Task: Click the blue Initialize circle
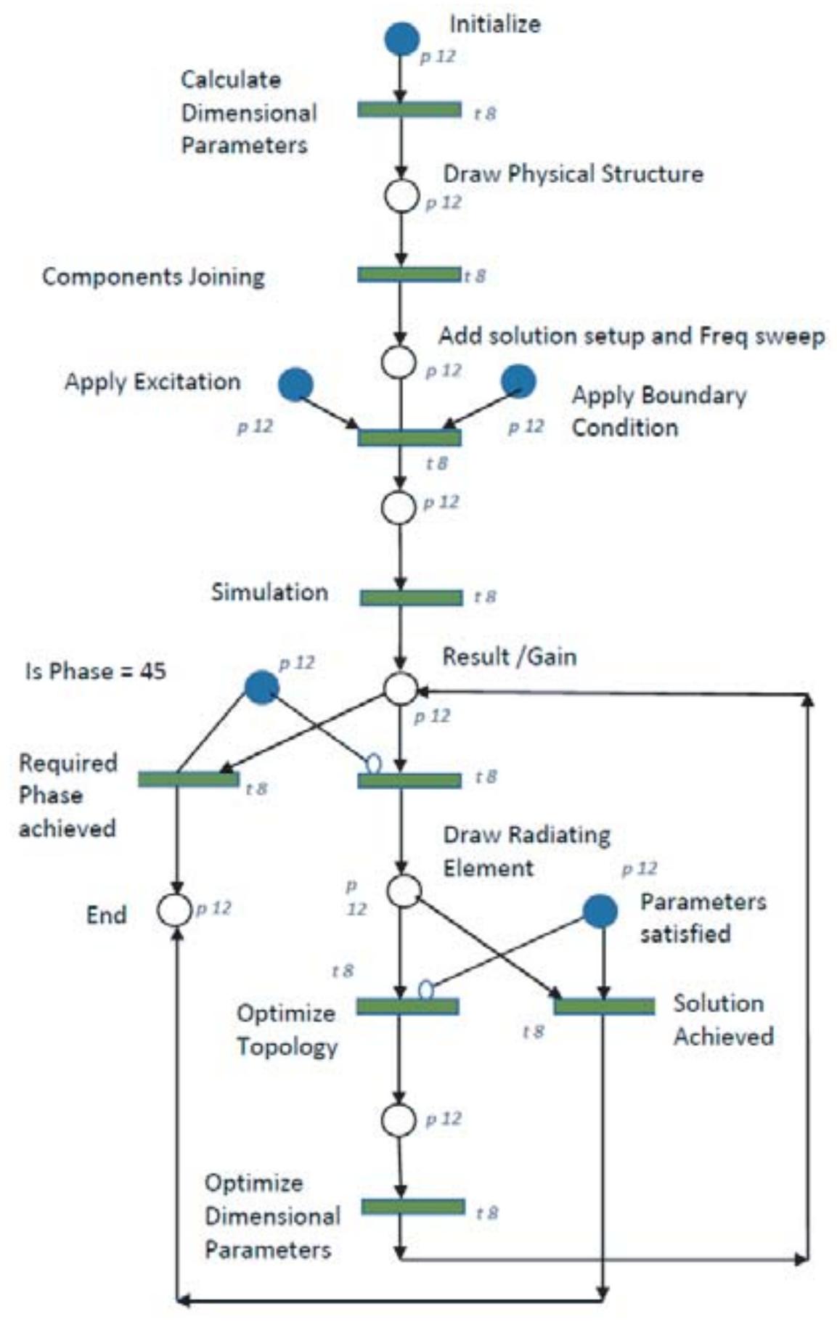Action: coord(401,38)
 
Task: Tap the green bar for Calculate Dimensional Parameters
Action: coord(409,110)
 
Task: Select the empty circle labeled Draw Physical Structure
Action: coord(401,196)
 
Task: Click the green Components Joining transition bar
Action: coord(409,274)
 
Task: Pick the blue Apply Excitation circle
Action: coord(295,384)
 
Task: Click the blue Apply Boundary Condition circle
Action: coord(518,381)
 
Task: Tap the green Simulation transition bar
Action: coord(411,597)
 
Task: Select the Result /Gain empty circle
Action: coord(400,688)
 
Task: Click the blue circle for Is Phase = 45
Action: coord(261,687)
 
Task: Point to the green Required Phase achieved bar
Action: coord(188,779)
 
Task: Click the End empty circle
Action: coord(174,910)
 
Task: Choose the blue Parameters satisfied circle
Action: coord(600,911)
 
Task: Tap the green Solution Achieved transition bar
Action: coord(603,1006)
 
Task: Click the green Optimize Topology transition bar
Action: coord(407,1006)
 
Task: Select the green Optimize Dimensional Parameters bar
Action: coord(413,1206)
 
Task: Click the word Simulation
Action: coord(269,592)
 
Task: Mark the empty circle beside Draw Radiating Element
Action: coord(404,891)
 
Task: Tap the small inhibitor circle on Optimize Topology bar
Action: coord(426,990)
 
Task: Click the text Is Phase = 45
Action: coord(95,671)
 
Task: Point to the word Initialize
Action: coord(494,24)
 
